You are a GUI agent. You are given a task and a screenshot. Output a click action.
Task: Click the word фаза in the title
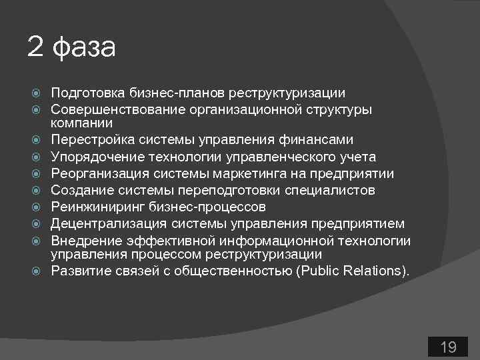[83, 47]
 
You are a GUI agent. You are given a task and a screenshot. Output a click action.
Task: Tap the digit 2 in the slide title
[35, 47]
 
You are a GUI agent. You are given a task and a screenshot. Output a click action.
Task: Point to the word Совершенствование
[107, 109]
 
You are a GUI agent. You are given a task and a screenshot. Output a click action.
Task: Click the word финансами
[321, 140]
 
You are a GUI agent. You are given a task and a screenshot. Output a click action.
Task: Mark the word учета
[359, 157]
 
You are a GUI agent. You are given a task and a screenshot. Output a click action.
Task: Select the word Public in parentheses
[355, 271]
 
